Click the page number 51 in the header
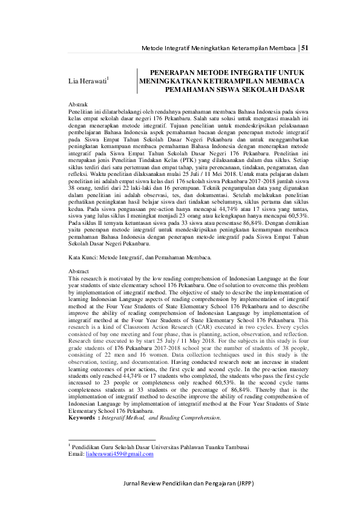coord(306,48)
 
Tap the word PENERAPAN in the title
coord(173,71)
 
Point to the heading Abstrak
coord(79,105)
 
